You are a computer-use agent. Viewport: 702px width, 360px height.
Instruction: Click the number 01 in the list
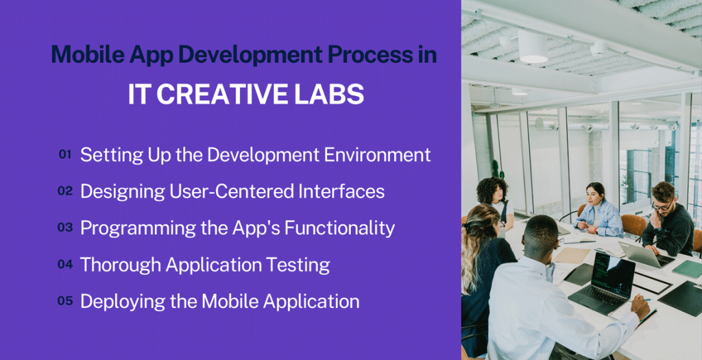pyautogui.click(x=65, y=155)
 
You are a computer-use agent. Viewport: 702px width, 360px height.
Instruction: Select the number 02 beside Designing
pyautogui.click(x=65, y=191)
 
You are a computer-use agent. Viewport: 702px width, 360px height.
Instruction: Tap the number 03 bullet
pyautogui.click(x=65, y=228)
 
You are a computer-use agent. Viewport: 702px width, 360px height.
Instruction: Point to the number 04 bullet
pyautogui.click(x=65, y=264)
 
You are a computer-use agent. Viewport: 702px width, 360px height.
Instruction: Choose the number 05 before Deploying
pyautogui.click(x=65, y=300)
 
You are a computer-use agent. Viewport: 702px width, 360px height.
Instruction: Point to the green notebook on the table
pyautogui.click(x=686, y=269)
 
